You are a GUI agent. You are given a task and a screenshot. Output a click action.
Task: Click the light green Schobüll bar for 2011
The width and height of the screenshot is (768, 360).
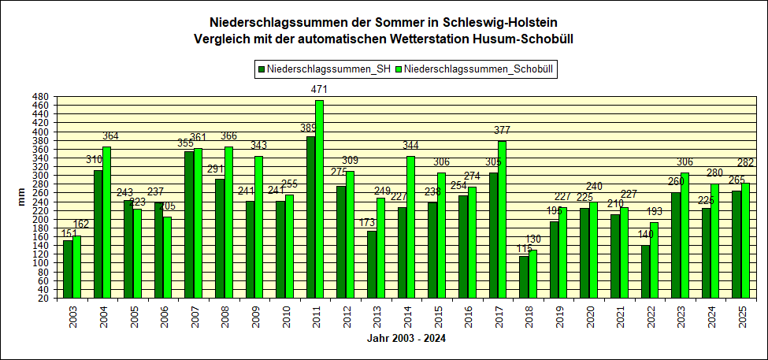[x=319, y=199]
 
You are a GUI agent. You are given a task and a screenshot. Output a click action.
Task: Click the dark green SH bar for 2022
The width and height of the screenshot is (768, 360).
[x=645, y=272]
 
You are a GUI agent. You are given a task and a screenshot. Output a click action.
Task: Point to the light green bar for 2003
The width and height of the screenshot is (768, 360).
[x=76, y=267]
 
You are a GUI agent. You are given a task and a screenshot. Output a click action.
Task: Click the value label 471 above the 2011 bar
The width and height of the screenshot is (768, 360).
[x=319, y=90]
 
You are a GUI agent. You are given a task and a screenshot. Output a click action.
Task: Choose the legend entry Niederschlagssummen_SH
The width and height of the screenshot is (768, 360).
[x=324, y=70]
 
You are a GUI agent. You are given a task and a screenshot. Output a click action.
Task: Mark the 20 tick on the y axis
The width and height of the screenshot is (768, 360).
[x=49, y=299]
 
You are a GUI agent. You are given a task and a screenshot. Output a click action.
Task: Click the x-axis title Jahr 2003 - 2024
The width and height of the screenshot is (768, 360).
[x=406, y=339]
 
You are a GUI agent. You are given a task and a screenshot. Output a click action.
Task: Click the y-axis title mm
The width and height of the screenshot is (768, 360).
[x=22, y=198]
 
